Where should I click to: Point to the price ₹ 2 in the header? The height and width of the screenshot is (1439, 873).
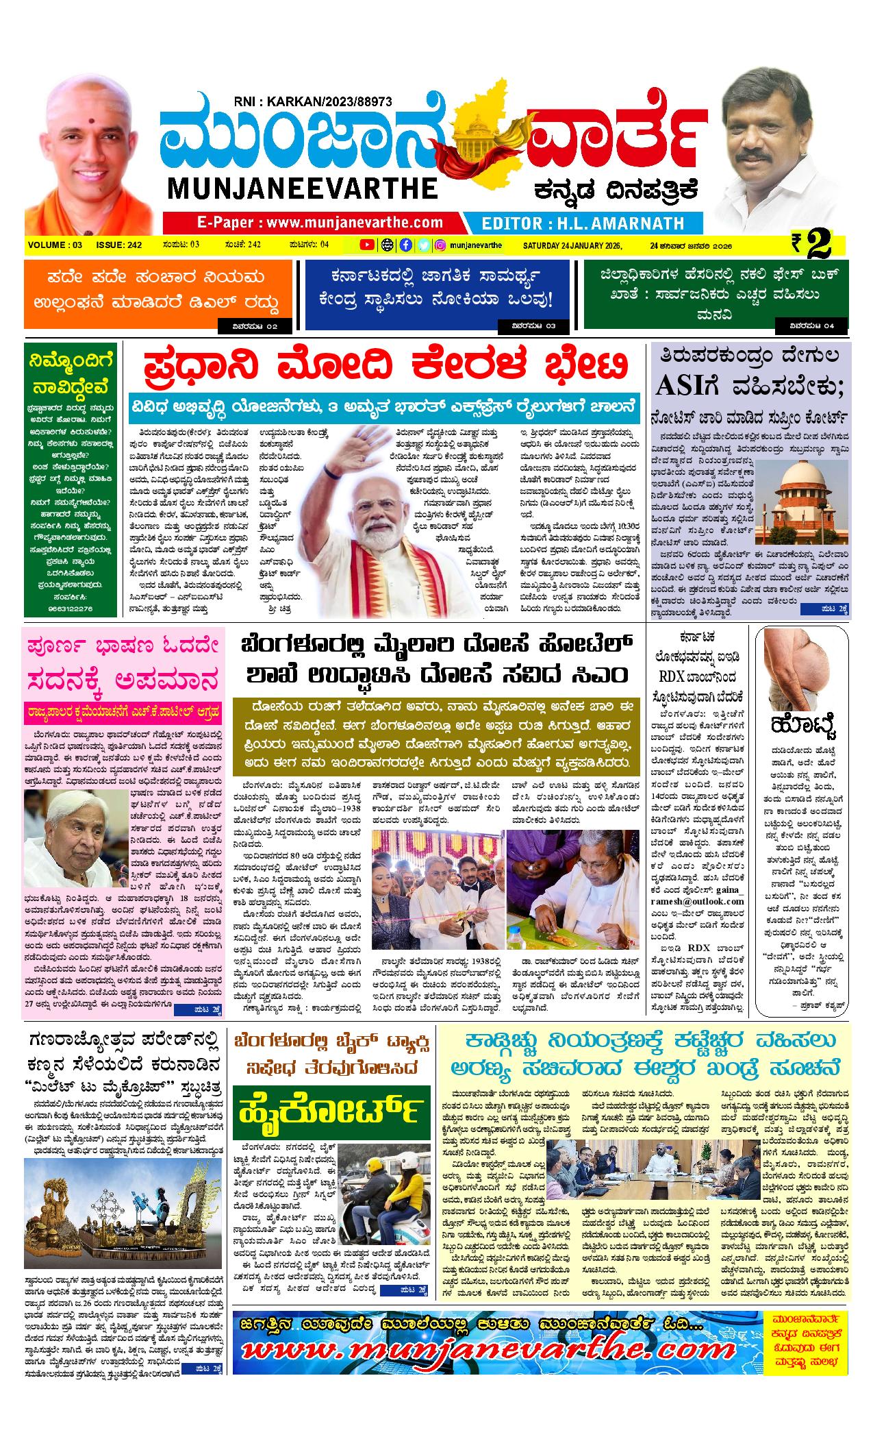pos(811,245)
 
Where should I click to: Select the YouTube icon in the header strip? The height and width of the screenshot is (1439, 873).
pos(367,245)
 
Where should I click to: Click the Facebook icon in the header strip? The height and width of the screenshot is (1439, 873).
pos(405,245)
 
